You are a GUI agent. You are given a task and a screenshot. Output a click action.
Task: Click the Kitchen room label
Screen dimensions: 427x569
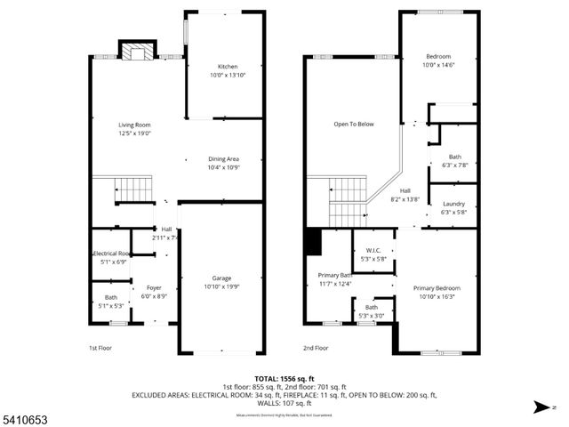[x=228, y=67]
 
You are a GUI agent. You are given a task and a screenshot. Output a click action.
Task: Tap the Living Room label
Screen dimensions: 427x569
[x=135, y=125]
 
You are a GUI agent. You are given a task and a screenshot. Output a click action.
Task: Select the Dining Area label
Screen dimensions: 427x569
[x=223, y=159]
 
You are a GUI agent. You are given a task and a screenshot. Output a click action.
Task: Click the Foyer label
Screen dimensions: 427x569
[x=154, y=287]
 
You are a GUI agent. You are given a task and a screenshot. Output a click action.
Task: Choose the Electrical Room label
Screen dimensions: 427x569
[x=112, y=254]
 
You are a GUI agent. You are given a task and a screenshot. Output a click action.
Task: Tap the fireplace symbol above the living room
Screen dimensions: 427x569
[x=137, y=52]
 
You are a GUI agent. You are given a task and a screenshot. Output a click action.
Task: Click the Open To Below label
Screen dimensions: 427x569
[x=354, y=125]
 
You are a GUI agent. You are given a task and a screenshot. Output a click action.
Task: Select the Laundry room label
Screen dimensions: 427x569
[x=453, y=204]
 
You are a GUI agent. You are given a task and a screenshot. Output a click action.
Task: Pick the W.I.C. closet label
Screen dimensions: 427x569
[x=373, y=250]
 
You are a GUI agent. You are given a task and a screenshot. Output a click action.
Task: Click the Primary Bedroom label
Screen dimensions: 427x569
[x=437, y=288]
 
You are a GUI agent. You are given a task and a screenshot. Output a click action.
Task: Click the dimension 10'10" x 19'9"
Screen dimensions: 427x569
[x=222, y=286]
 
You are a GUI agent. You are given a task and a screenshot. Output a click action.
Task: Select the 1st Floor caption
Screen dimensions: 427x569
[x=100, y=348]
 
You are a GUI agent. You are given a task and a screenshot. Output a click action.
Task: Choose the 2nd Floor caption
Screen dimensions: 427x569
[x=316, y=348]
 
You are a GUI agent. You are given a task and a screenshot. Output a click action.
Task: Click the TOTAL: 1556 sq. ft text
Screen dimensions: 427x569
[x=284, y=379]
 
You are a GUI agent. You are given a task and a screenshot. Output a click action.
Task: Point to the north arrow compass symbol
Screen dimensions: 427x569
[x=539, y=408]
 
